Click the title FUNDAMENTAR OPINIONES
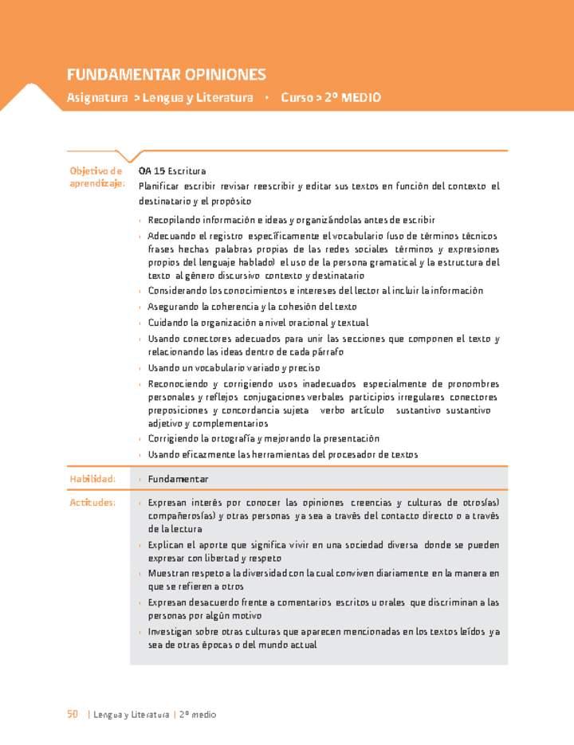[166, 75]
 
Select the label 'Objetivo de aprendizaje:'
[96, 177]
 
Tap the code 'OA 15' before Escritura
[151, 171]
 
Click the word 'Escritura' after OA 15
[187, 171]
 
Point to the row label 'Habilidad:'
[92, 479]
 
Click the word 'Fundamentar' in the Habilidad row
[178, 479]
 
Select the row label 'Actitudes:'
[92, 503]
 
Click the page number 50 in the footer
[73, 715]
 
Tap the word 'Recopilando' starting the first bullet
[174, 220]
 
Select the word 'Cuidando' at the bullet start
[167, 323]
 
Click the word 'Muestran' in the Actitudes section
[167, 574]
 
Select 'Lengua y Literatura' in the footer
[132, 715]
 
